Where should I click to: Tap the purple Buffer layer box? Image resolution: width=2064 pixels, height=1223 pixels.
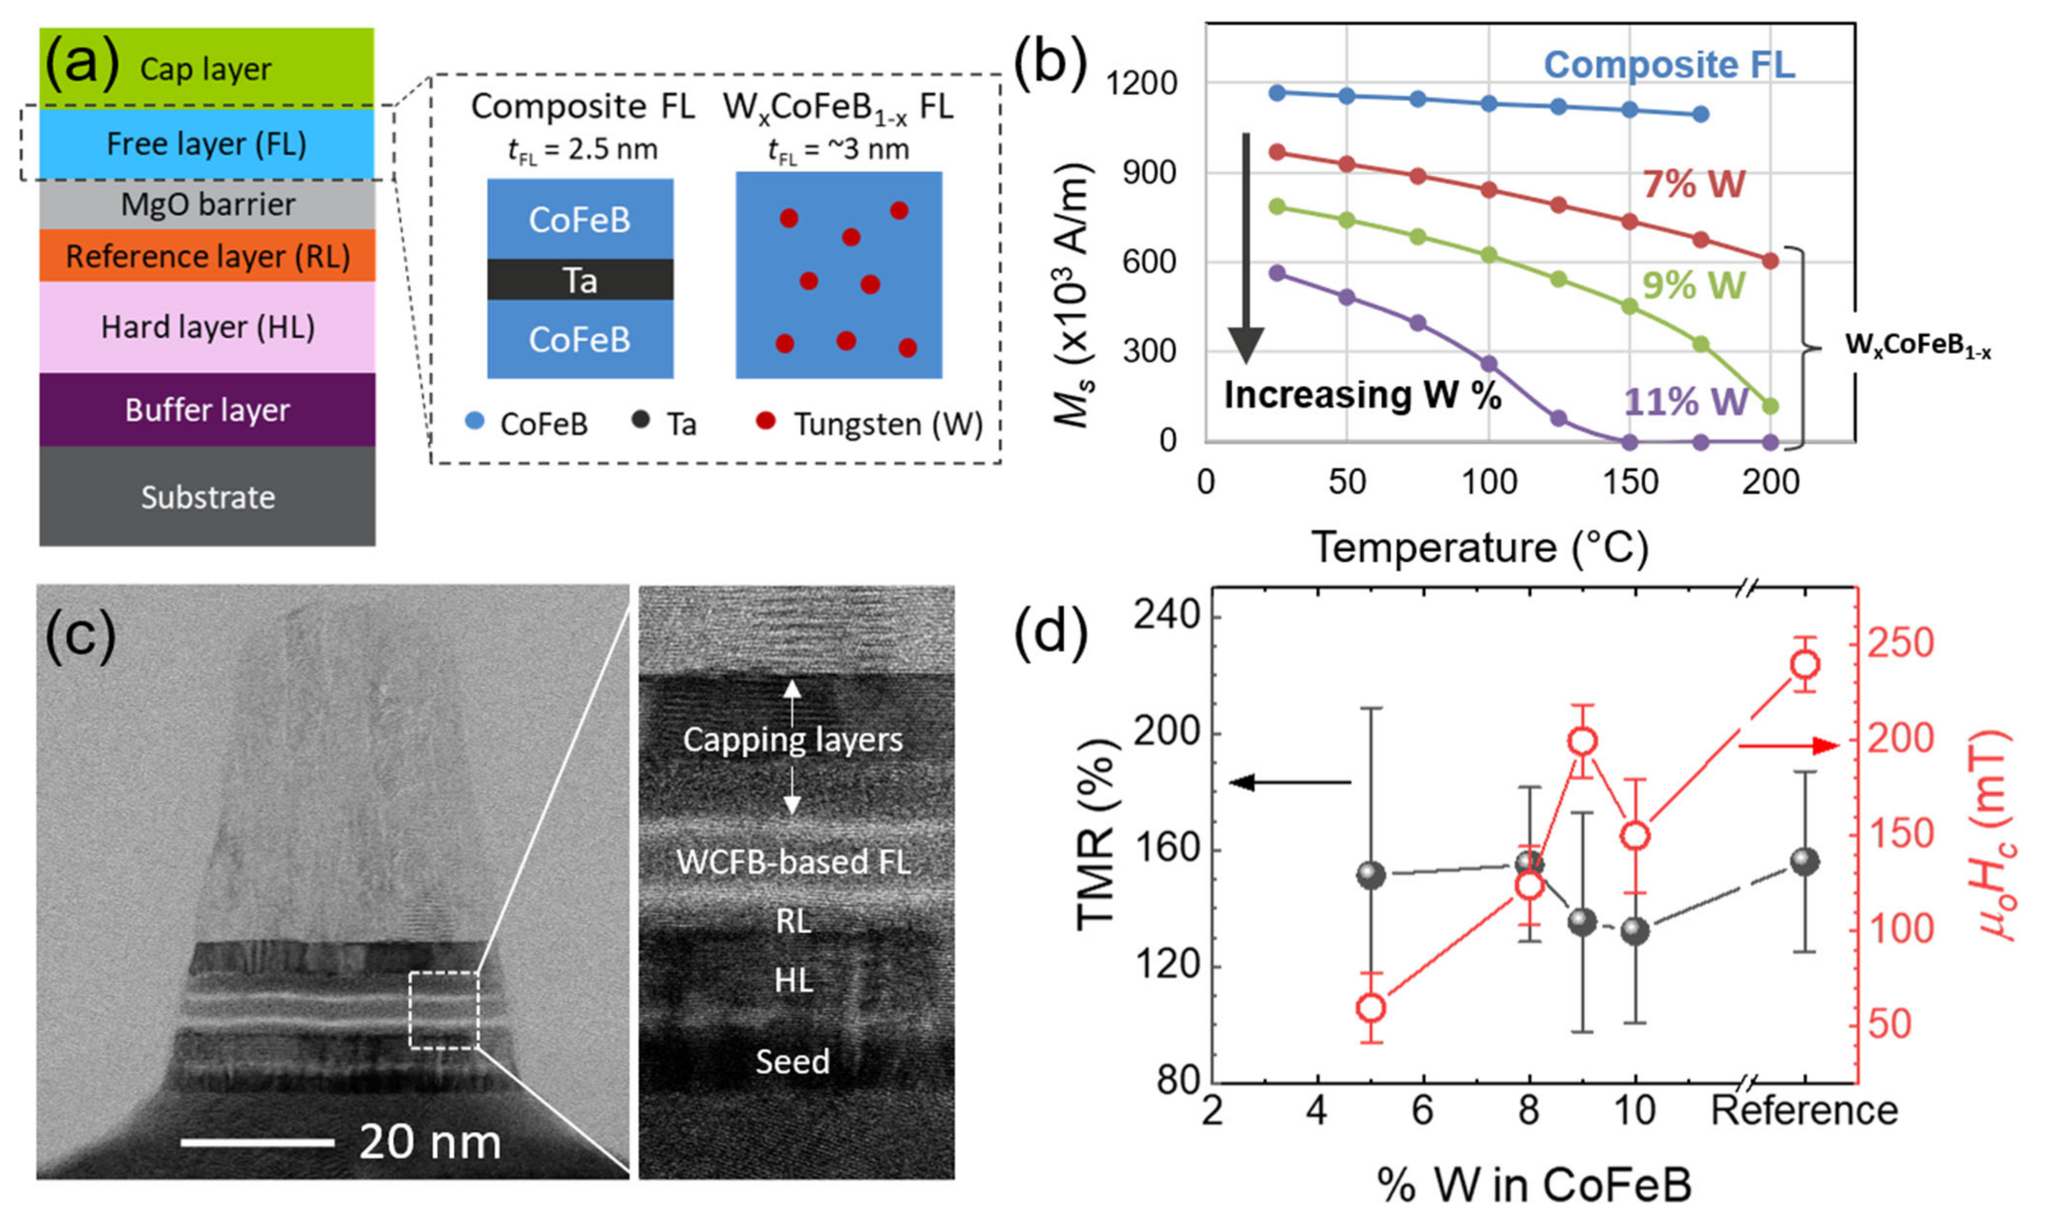coord(207,409)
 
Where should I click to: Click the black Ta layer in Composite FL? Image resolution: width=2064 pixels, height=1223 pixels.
coord(580,280)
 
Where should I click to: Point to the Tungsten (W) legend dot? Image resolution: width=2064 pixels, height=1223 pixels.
coord(765,421)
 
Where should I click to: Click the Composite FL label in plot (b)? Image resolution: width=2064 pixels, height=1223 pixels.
coord(1669,64)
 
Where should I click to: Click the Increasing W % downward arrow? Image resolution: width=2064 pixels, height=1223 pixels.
coord(1246,247)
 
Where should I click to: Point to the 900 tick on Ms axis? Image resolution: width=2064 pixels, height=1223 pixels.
coord(1149,173)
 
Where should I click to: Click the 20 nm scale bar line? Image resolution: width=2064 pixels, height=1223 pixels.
coord(257,1142)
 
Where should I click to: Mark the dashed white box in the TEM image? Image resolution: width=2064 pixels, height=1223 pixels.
coord(443,1010)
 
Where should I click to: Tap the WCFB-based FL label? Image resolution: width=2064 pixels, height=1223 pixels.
coord(793,862)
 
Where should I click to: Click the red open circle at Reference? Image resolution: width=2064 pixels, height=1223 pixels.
coord(1805,664)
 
